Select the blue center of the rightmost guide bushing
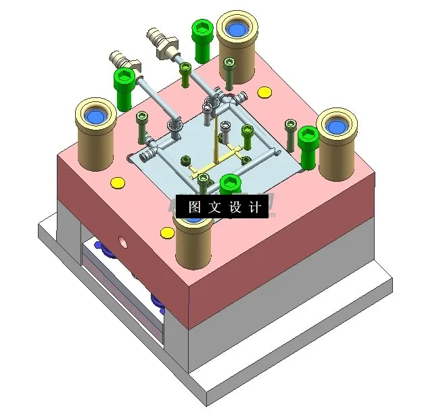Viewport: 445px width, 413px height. (x=336, y=125)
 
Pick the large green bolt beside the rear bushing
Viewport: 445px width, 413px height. (x=201, y=41)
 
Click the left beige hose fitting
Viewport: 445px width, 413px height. (x=122, y=59)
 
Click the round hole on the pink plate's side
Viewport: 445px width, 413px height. (x=122, y=241)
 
